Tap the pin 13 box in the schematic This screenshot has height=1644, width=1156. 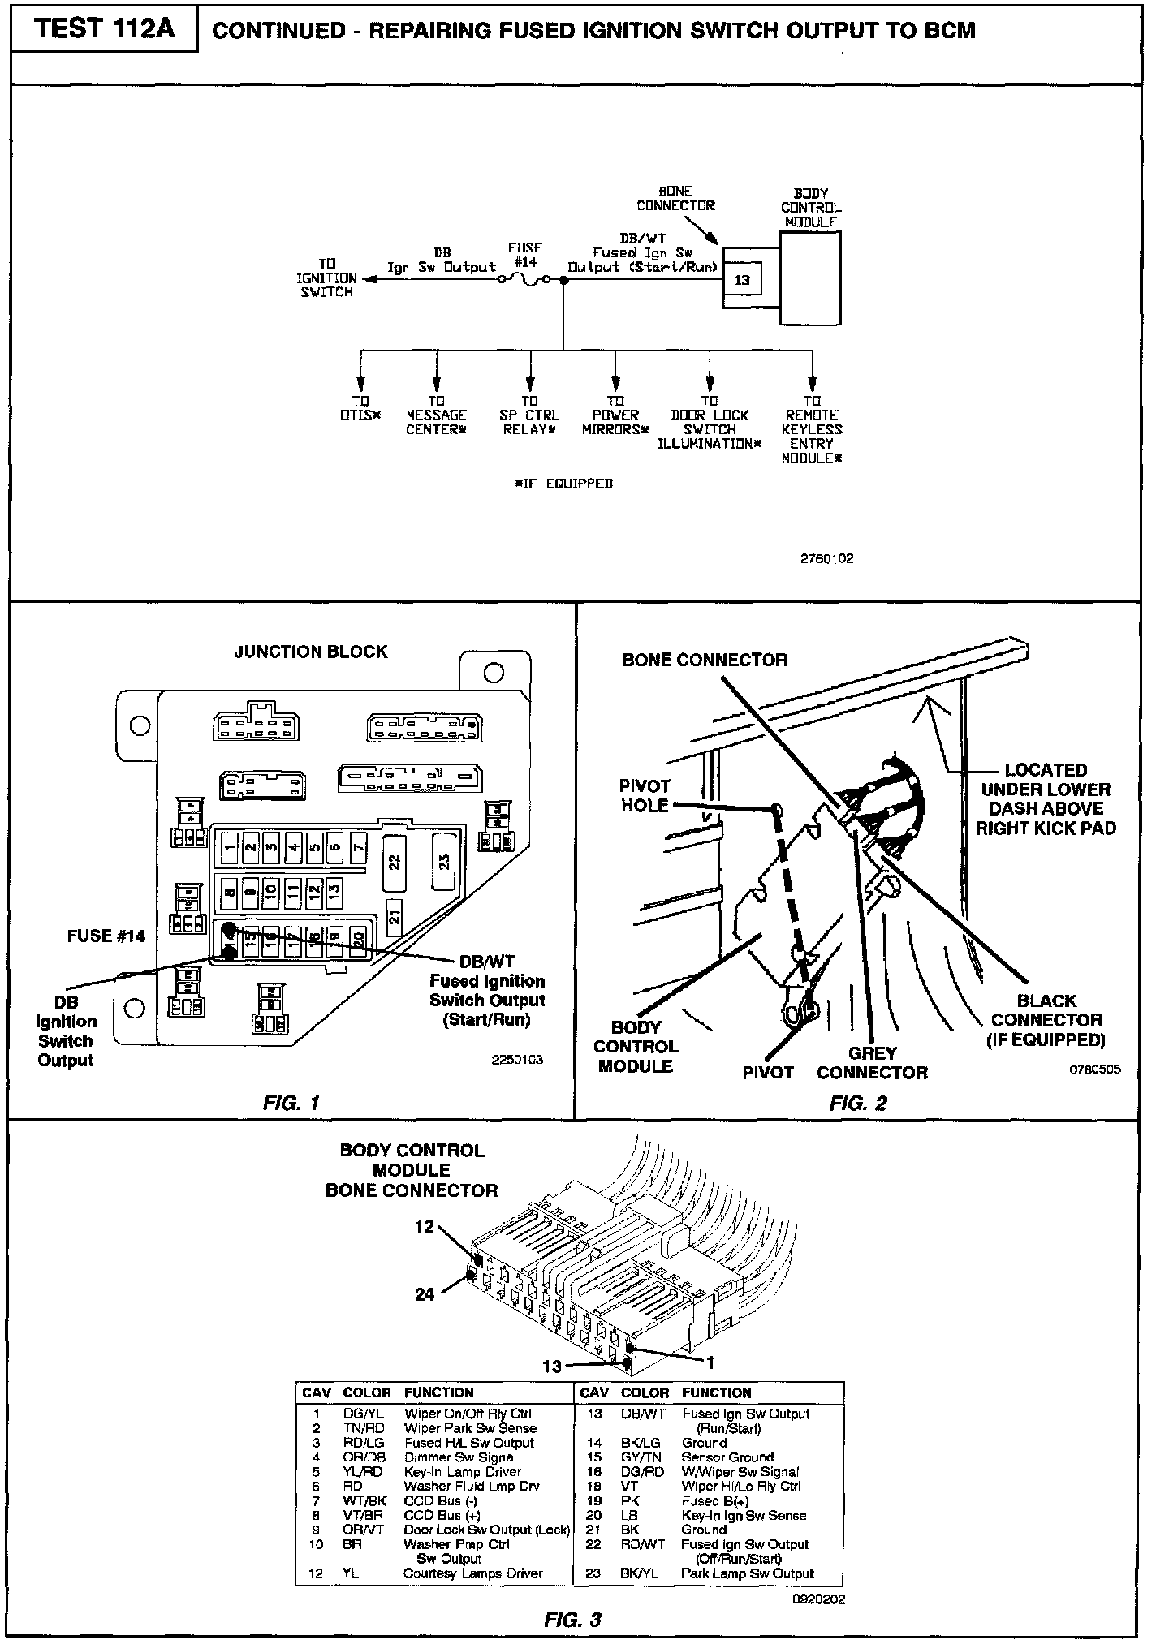[742, 280]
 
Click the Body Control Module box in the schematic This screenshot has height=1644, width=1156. [810, 278]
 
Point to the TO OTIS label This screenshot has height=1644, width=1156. [360, 407]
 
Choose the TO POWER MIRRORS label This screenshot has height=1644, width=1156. [616, 415]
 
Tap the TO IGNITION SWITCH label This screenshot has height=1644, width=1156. [326, 278]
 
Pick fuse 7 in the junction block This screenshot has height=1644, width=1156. [358, 848]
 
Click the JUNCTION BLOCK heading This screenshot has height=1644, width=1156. [311, 652]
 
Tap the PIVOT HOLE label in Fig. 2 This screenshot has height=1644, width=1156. [645, 795]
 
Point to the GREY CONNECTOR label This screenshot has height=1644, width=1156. [872, 1063]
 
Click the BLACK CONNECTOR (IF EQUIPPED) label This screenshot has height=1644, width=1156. [1046, 1020]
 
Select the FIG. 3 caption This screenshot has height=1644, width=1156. [572, 1620]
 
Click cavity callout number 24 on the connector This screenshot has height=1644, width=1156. [425, 1294]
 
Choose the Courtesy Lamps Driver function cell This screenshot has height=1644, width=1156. [472, 1573]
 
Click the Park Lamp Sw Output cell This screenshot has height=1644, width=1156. [747, 1573]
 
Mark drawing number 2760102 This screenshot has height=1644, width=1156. [826, 559]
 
